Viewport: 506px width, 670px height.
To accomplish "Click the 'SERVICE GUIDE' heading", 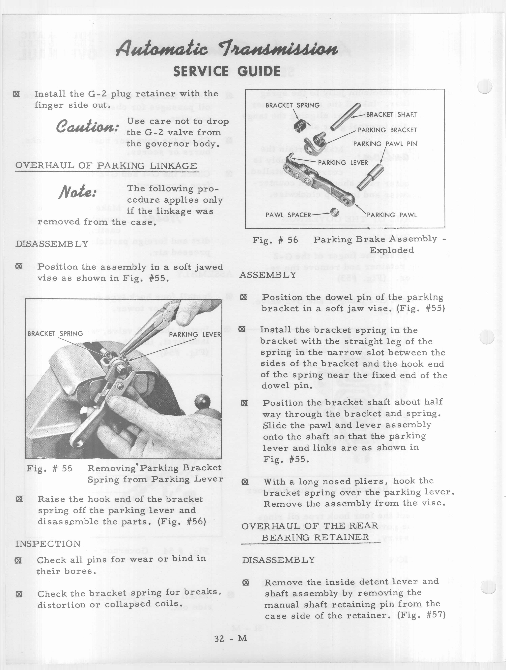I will click(226, 72).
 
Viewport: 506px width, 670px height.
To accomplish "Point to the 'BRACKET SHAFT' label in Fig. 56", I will click(391, 115).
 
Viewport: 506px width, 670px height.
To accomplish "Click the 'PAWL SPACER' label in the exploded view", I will click(288, 215).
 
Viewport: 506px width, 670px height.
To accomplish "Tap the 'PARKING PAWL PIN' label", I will click(385, 144).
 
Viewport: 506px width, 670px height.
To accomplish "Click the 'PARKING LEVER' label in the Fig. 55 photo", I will click(195, 334).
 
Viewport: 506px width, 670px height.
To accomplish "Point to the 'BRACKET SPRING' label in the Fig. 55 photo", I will click(55, 333).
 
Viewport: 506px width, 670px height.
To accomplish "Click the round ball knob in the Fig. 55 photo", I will click(201, 402).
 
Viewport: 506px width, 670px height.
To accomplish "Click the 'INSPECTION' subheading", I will click(48, 544).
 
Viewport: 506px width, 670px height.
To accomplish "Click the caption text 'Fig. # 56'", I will click(275, 240).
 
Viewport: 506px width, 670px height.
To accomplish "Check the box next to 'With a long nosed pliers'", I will click(245, 482).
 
